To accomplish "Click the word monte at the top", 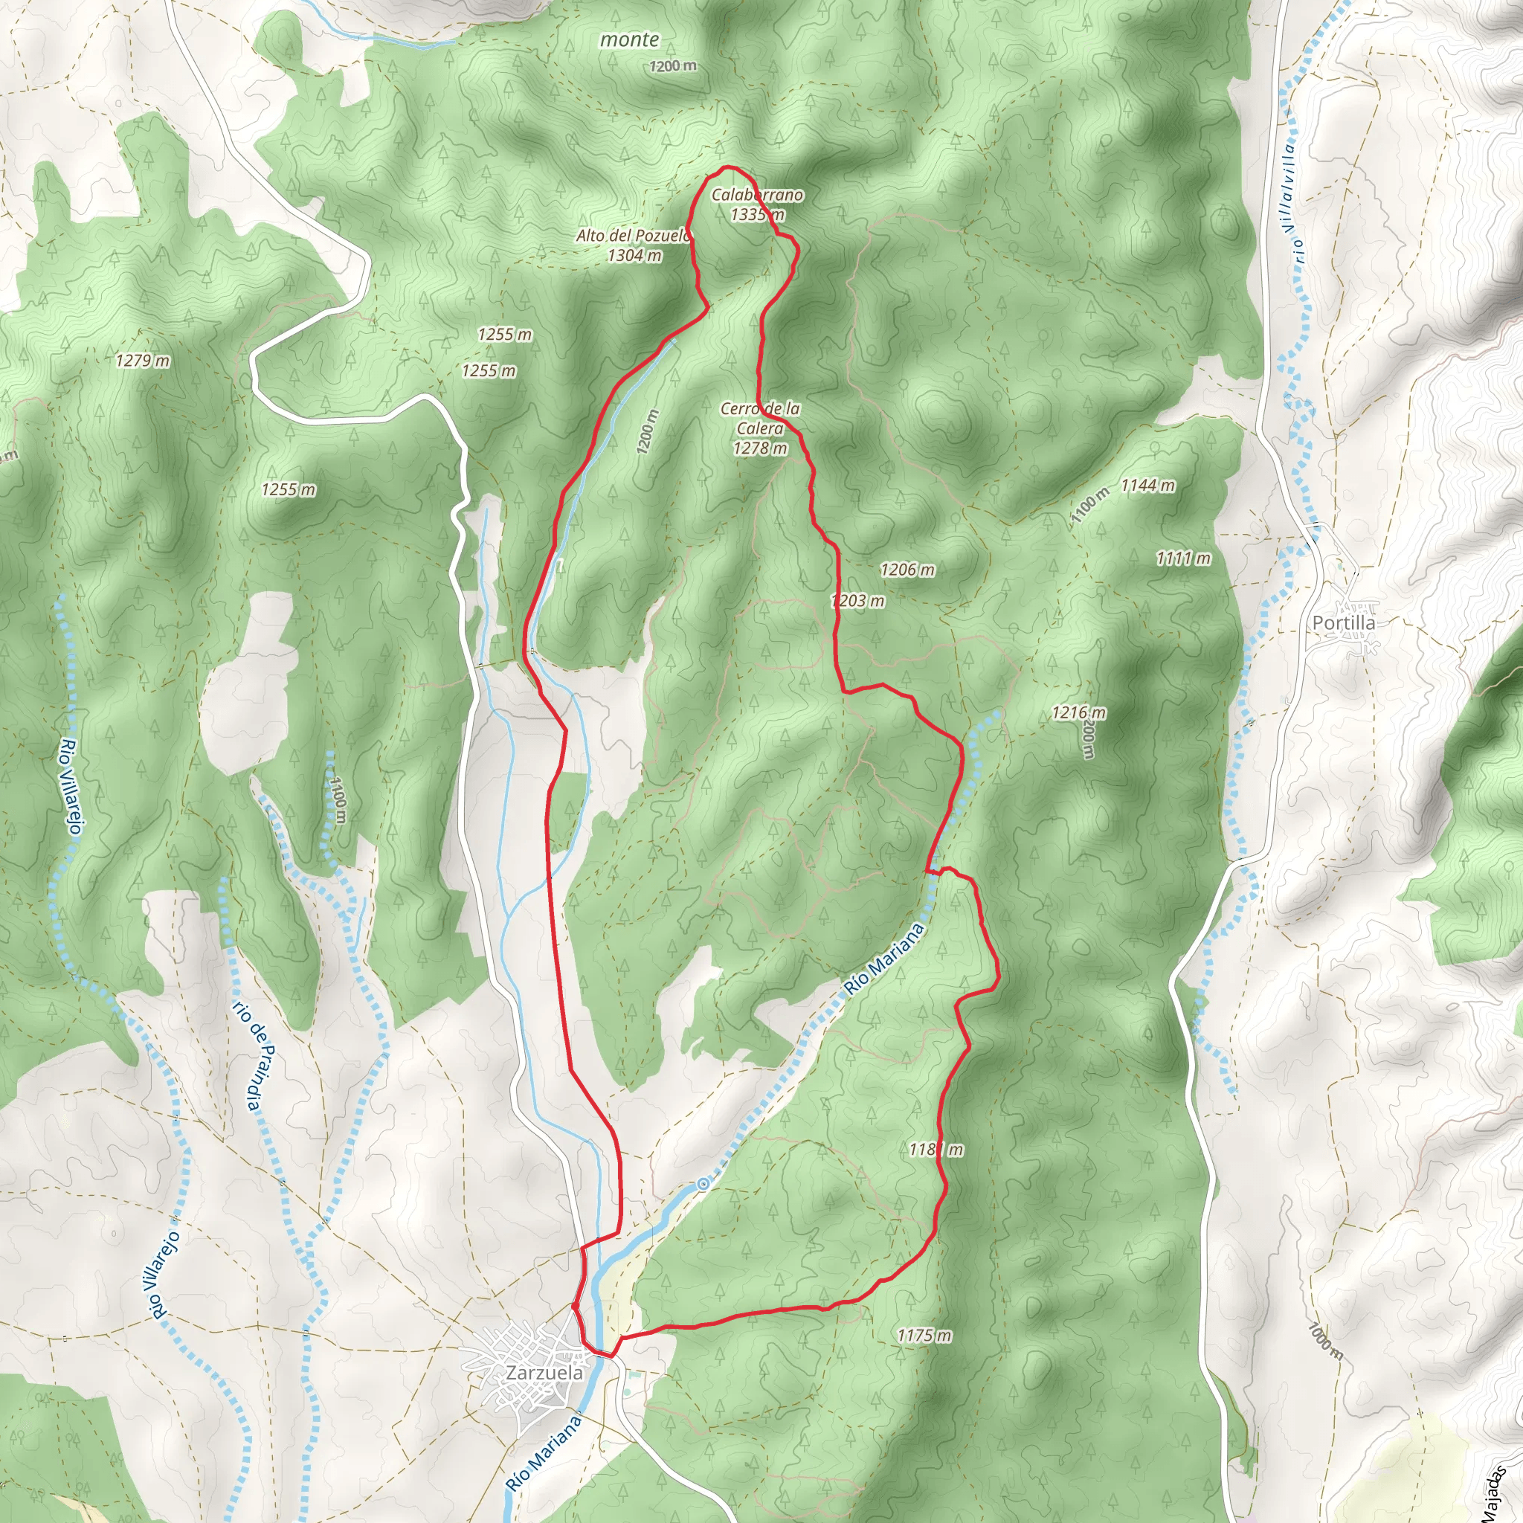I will pos(629,39).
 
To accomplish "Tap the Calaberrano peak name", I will pos(757,195).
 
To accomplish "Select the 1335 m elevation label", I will pos(757,214).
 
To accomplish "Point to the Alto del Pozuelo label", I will pos(633,236).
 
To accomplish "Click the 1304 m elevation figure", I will pos(634,255).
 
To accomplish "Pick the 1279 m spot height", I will pos(143,361).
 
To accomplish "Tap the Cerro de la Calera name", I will pos(760,419).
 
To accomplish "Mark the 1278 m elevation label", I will pos(760,448).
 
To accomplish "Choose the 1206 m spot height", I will pos(907,569).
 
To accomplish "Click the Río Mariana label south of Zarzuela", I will pos(543,1453).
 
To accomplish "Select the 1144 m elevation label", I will pos(1147,486).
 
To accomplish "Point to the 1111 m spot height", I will pos(1183,559).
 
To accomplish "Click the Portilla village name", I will pos(1344,622).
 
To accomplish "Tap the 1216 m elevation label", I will pos(1078,712).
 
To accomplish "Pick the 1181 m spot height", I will pos(936,1150).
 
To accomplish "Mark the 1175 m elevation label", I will pos(924,1336).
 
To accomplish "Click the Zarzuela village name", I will pos(544,1373).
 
